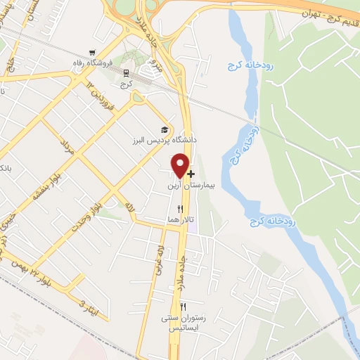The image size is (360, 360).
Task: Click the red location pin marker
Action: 180,165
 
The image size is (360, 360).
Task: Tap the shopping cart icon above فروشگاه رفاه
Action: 92,53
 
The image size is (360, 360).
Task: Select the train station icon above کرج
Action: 126,72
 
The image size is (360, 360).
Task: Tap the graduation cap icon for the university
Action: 165,130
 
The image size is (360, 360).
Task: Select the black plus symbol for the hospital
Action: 191,173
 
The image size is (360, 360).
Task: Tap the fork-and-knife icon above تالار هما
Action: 181,208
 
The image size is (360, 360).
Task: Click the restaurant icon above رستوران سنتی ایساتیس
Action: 184,307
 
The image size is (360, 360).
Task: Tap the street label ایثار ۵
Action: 85,307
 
